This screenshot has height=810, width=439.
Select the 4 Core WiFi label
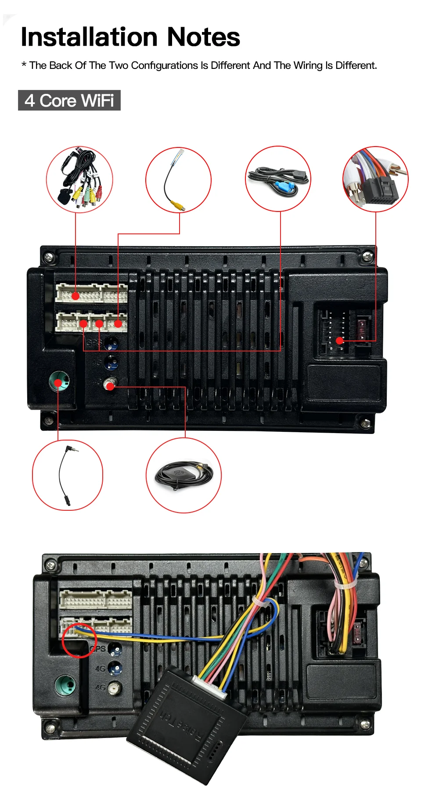tap(69, 100)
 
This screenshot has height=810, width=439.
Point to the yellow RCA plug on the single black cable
tap(178, 205)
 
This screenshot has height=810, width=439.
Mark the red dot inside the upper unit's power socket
tap(339, 340)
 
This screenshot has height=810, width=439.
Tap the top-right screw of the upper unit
tap(367, 256)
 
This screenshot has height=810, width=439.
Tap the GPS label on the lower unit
tap(99, 649)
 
